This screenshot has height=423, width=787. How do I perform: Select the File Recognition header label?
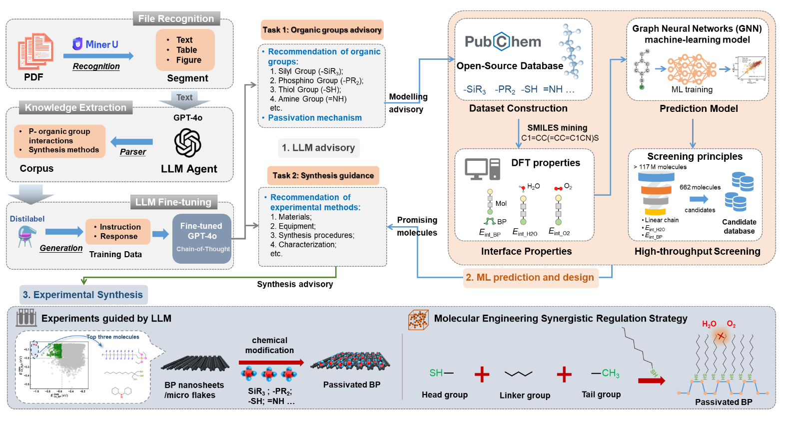pos(176,18)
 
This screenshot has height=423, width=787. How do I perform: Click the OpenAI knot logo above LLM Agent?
pos(188,143)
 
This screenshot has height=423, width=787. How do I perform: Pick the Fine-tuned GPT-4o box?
pos(202,238)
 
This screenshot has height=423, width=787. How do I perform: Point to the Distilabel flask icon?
pos(26,236)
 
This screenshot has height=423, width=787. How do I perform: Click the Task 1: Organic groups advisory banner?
pos(322,30)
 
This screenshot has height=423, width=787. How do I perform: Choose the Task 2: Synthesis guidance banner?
pos(323,175)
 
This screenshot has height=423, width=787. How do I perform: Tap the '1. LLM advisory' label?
pos(318,148)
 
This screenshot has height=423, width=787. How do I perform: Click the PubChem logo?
pos(503,41)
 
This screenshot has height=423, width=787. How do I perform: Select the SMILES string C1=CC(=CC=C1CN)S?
pos(560,138)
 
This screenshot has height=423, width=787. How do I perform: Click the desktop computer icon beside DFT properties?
pos(482,169)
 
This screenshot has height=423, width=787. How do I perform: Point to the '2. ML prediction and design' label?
pos(530,278)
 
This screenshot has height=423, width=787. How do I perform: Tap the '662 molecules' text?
pos(700,187)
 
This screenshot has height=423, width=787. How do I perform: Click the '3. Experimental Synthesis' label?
pos(83,295)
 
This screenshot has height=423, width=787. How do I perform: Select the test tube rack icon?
pos(26,318)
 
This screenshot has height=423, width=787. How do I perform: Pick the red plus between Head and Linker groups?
pos(482,374)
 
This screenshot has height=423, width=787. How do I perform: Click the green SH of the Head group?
pos(436,373)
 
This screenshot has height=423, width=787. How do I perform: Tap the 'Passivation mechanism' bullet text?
pos(315,118)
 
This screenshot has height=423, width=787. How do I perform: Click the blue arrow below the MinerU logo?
pos(98,56)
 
